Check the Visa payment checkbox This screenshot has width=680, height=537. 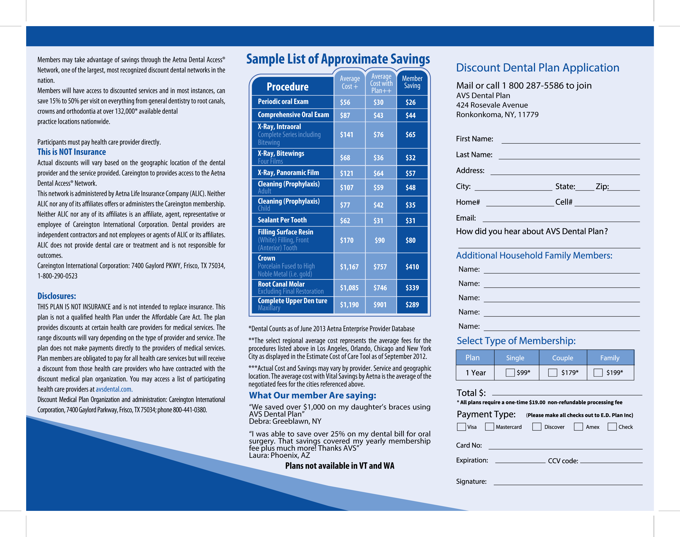pyautogui.click(x=461, y=427)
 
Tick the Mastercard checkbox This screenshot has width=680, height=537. pyautogui.click(x=490, y=427)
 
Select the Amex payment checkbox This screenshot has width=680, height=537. pyautogui.click(x=578, y=427)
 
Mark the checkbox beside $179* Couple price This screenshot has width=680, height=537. pyautogui.click(x=552, y=373)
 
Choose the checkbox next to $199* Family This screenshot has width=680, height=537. pyautogui.click(x=598, y=373)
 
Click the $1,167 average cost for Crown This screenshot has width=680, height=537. pyautogui.click(x=349, y=267)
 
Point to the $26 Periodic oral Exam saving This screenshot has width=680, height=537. pyautogui.click(x=411, y=102)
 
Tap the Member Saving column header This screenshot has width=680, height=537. pyautogui.click(x=412, y=82)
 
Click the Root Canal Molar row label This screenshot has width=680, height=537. pyautogui.click(x=281, y=284)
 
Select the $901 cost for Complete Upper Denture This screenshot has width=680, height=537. pyautogui.click(x=380, y=305)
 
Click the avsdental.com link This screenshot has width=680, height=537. pyautogui.click(x=114, y=389)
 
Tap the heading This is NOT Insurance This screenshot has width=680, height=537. pyautogui.click(x=72, y=152)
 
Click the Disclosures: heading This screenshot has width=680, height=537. pyautogui.click(x=57, y=296)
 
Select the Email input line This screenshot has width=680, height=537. pyautogui.click(x=561, y=219)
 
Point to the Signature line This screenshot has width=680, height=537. pyautogui.click(x=568, y=482)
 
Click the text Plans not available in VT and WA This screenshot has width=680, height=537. pyautogui.click(x=340, y=466)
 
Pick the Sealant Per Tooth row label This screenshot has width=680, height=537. pyautogui.click(x=282, y=220)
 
